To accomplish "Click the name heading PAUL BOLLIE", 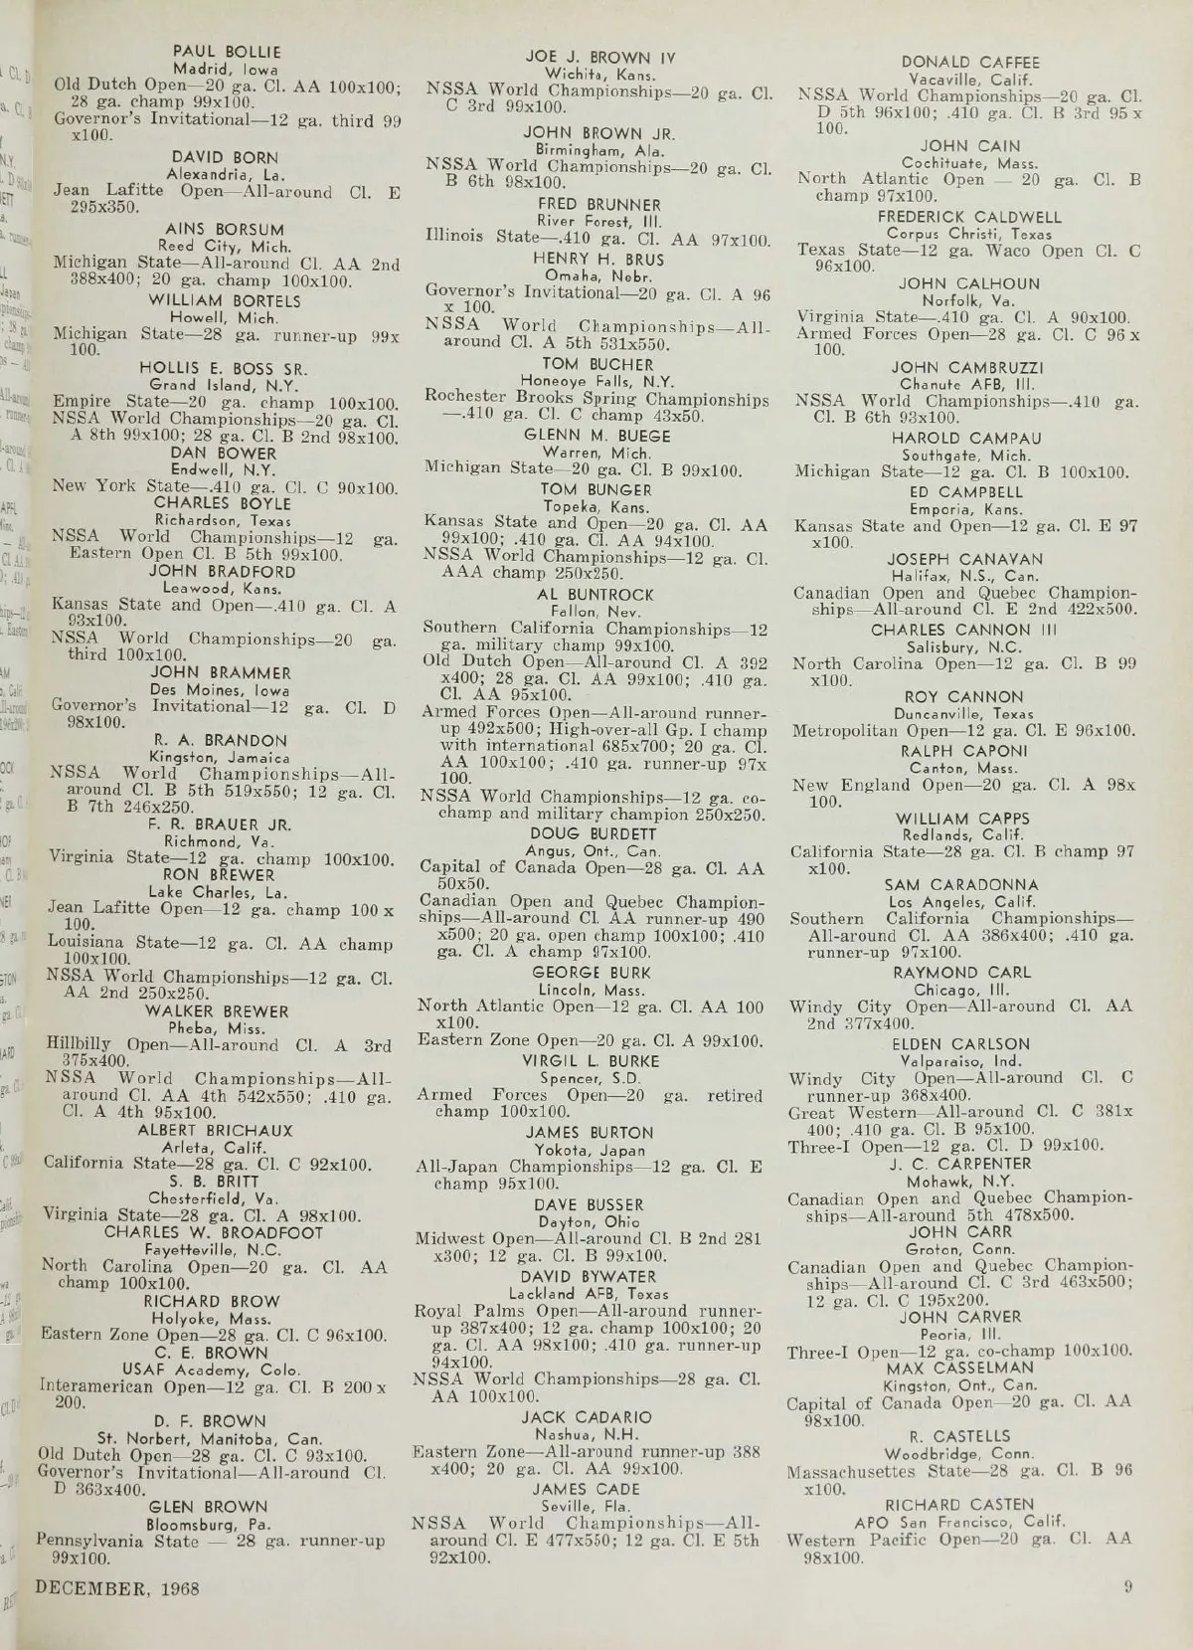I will coord(227,52).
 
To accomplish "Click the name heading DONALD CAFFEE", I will coord(970,63).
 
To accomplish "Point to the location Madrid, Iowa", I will coord(226,69).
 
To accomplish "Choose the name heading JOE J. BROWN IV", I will coord(599,58).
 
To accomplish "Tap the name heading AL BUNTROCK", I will coord(596,595).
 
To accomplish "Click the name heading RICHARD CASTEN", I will coord(959,1505).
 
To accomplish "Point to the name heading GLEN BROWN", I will coord(207,1507).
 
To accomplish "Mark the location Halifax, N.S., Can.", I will coord(965,576).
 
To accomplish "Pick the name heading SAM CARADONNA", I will coord(961,885).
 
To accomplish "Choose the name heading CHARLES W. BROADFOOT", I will coord(214,1232).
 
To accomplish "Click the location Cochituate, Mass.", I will coord(969,163).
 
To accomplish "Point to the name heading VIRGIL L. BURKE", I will coord(591,1061).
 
